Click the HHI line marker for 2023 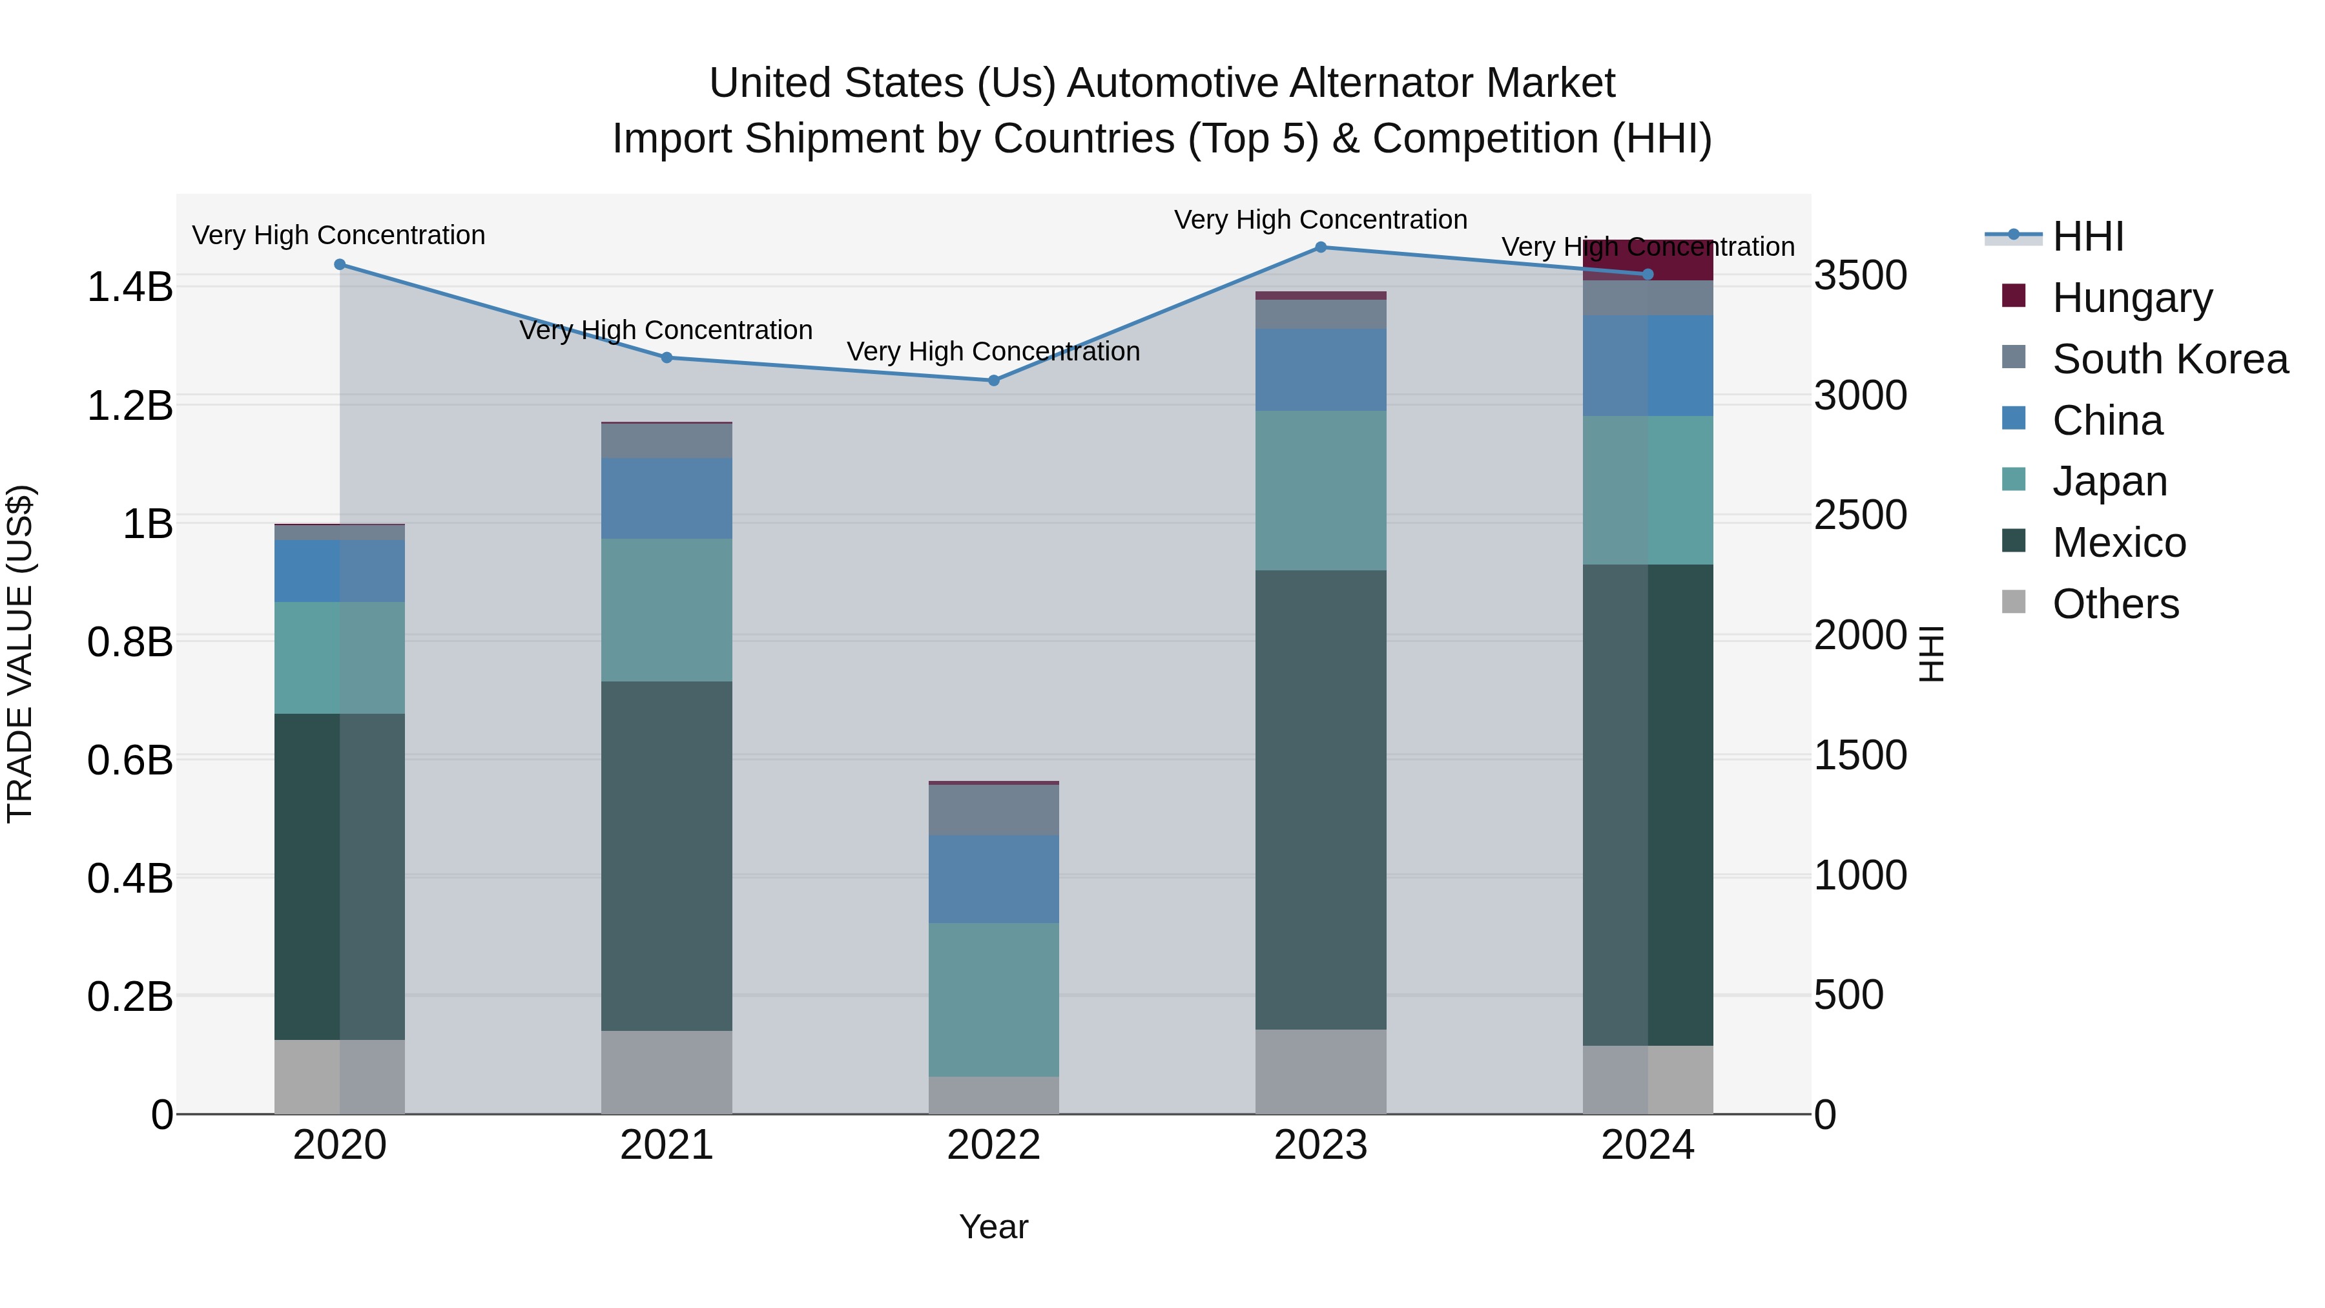[x=1321, y=247]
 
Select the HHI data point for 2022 [x=994, y=380]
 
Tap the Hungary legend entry [x=2132, y=298]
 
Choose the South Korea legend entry [x=2170, y=359]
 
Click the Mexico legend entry [x=2118, y=543]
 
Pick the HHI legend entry [x=2087, y=236]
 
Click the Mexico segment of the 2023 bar [x=1321, y=799]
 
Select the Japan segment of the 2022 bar [x=994, y=999]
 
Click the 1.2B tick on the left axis [x=129, y=405]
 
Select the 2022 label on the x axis [x=994, y=1145]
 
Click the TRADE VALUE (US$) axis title [x=20, y=654]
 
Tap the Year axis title [x=994, y=1227]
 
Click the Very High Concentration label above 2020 [x=338, y=234]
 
